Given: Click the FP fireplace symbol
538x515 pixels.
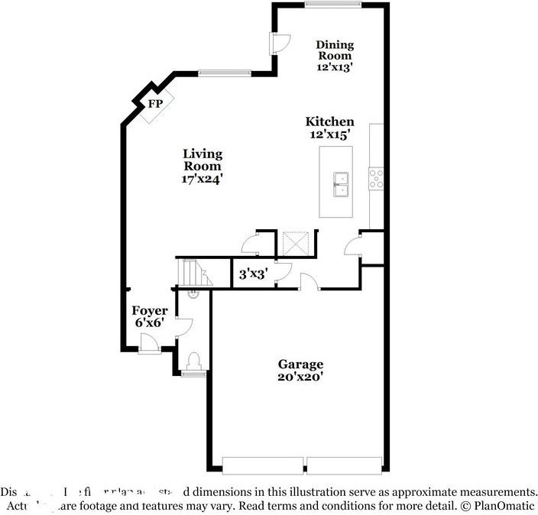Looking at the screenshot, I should (156, 103).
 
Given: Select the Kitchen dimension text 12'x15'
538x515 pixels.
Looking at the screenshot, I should (329, 134).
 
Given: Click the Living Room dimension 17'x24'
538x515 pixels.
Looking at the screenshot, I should (202, 178).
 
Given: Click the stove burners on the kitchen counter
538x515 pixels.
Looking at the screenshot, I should (376, 178).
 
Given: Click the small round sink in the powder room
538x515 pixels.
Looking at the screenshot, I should (192, 292).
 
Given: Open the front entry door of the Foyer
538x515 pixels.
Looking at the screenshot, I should (150, 345).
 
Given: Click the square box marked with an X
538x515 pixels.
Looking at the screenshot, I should (296, 244).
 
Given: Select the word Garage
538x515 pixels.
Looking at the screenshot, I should (300, 364).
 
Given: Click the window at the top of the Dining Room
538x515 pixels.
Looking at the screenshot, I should (332, 5).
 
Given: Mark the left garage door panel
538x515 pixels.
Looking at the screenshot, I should (263, 465).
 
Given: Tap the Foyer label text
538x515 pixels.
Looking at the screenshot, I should (149, 311).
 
